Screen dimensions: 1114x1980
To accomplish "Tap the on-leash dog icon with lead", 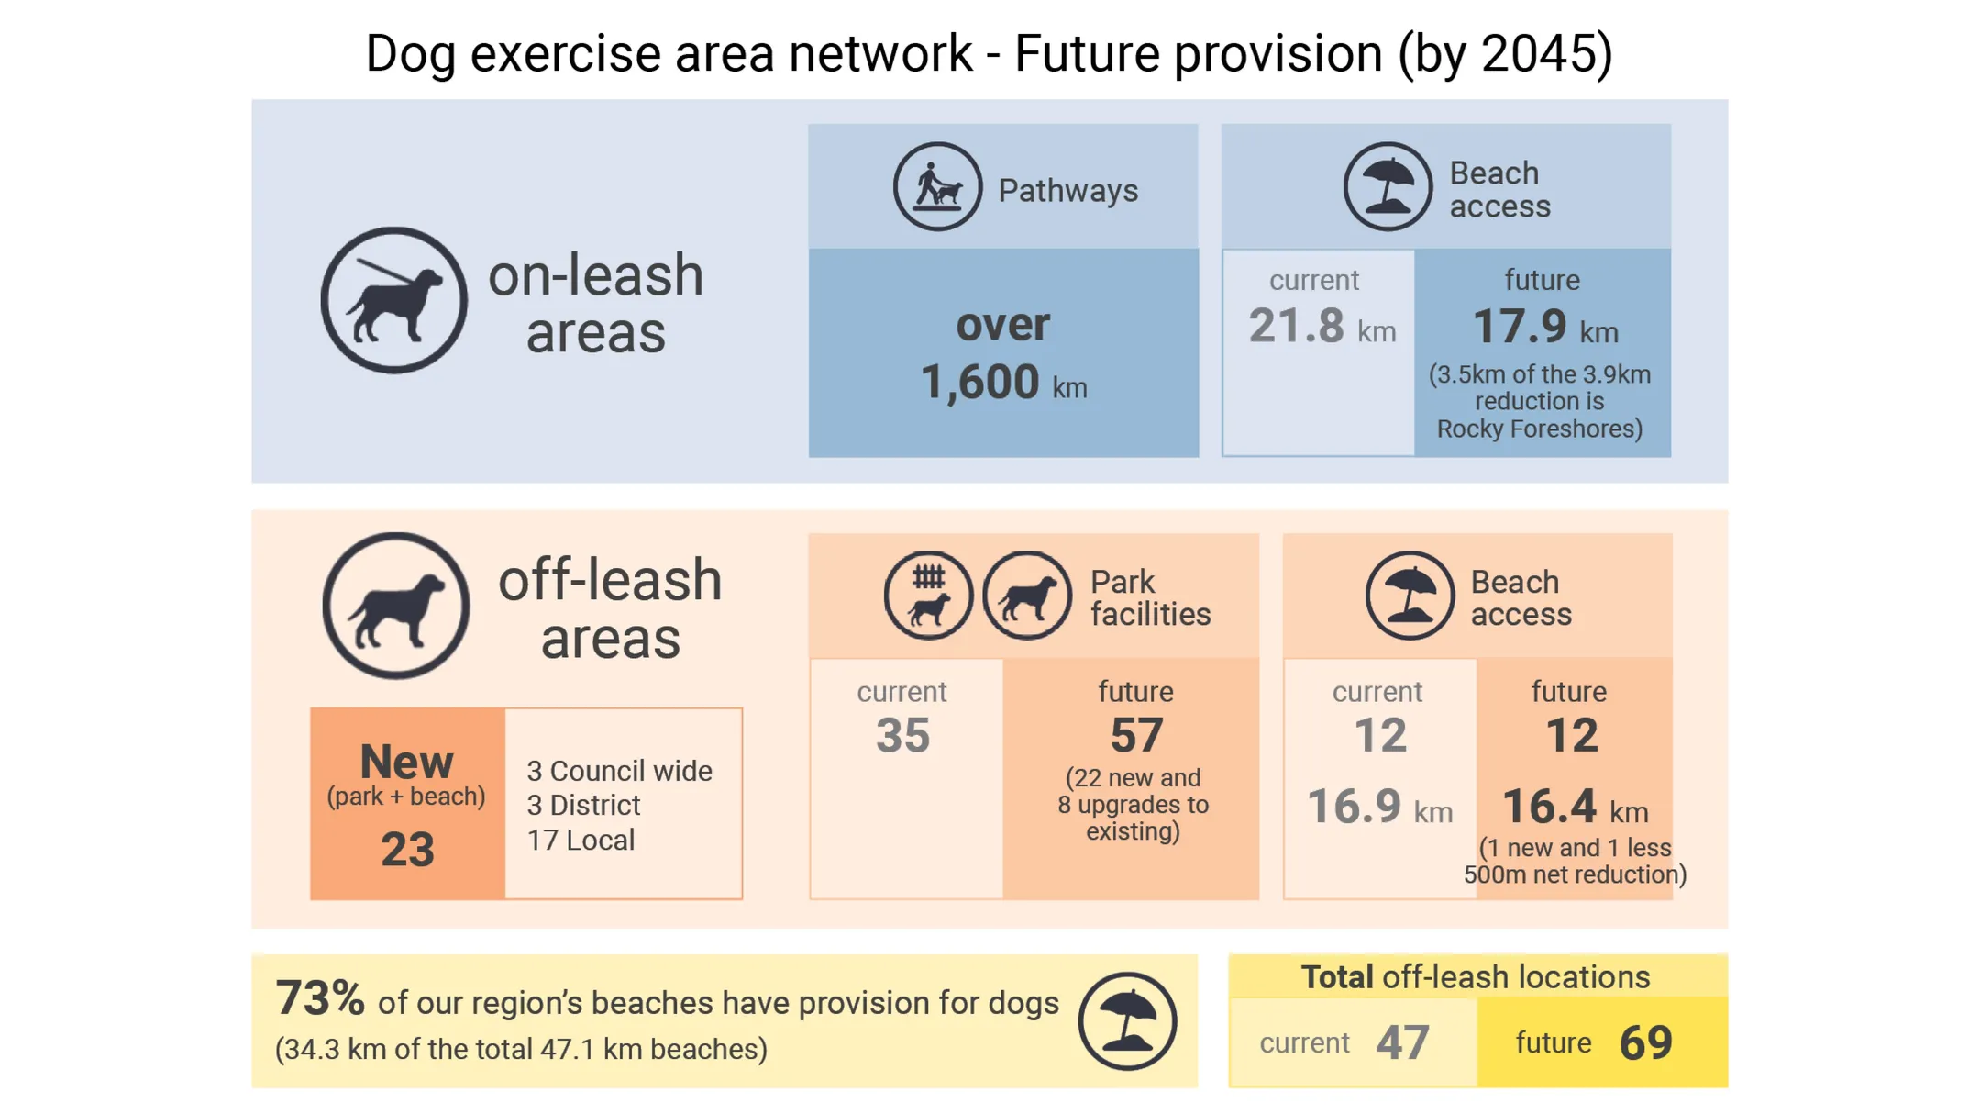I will (393, 300).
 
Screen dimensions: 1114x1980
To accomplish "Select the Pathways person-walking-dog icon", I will (936, 187).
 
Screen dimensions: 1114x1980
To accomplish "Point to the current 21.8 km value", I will (1320, 327).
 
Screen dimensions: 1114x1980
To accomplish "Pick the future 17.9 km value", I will (1544, 327).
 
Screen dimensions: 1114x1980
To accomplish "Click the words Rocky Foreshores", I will (1538, 429).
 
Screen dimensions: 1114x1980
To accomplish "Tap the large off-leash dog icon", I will (395, 606).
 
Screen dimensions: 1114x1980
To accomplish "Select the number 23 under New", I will (407, 849).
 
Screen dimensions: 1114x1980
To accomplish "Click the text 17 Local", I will (580, 840).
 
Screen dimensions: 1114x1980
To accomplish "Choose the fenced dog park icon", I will (927, 596).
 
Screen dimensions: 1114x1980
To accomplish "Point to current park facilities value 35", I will (902, 736).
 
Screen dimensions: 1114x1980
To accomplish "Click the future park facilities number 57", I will (1135, 736).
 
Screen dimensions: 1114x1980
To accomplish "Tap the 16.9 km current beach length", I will (1377, 807).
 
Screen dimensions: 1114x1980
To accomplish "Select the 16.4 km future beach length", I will (1573, 808).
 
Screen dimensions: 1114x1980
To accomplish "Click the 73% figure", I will (319, 998).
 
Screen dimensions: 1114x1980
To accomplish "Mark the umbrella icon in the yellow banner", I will (1126, 1020).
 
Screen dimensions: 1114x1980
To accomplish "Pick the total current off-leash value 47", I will (1402, 1042).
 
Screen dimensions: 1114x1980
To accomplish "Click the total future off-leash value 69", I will (1645, 1042).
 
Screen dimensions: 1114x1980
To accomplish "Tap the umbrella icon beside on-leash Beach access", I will (1386, 187).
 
